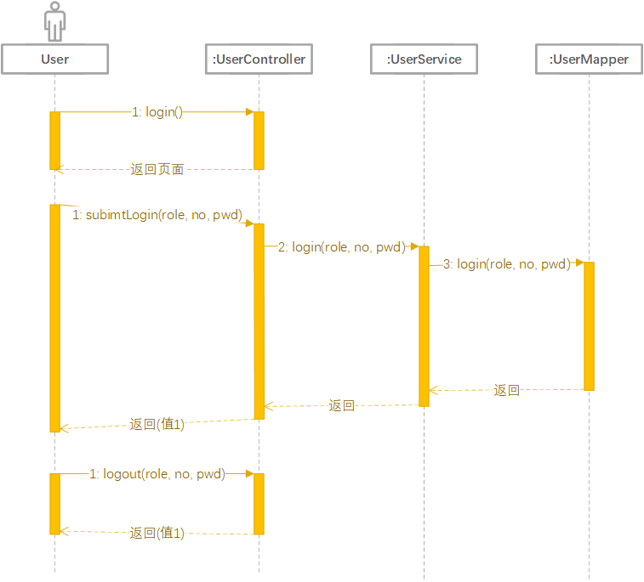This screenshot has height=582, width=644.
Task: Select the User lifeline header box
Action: pos(55,59)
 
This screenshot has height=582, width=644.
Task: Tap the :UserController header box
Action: pos(259,59)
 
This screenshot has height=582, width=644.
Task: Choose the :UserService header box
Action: pos(424,59)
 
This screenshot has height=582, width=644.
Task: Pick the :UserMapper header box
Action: pos(589,59)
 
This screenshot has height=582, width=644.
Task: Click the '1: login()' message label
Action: pos(157,112)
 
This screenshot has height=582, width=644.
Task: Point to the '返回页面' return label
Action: pos(157,169)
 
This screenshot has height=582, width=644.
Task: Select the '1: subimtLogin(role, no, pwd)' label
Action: pos(157,214)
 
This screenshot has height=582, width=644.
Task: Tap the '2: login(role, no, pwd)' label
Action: pos(342,247)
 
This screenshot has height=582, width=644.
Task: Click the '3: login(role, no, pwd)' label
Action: pos(507,264)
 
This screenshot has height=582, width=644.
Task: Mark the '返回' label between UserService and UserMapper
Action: pos(506,390)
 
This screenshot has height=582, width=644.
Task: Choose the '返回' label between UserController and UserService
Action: pos(341,405)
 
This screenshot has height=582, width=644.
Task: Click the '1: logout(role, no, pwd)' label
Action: pos(157,474)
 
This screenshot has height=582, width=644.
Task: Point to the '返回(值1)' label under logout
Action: pos(157,533)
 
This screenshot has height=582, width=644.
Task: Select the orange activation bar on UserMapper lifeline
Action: pos(589,326)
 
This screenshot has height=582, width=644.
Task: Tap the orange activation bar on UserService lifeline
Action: pos(424,326)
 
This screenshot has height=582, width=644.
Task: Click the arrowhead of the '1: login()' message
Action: pos(250,112)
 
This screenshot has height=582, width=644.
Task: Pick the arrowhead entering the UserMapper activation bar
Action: pos(580,263)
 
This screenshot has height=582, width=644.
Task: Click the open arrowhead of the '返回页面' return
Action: pos(60,169)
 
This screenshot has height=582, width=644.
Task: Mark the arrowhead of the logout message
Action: pos(250,474)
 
